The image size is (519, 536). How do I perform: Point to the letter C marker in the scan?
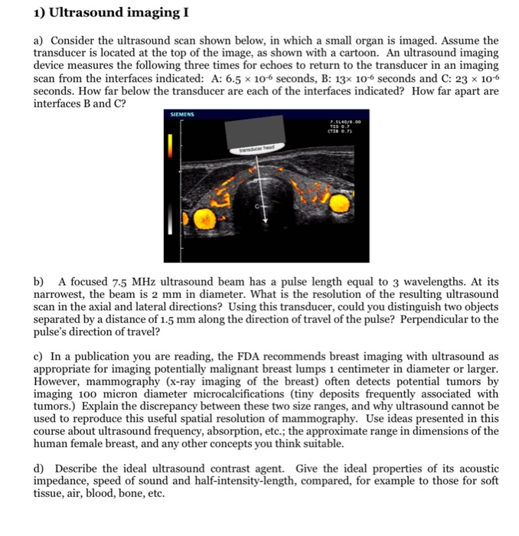(x=258, y=207)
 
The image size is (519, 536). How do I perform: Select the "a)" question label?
(x=39, y=40)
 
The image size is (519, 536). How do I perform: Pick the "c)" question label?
(x=38, y=356)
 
